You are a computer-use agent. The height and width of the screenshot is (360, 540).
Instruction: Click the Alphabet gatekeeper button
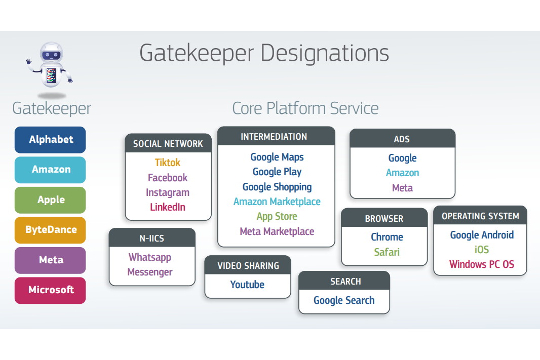coord(50,140)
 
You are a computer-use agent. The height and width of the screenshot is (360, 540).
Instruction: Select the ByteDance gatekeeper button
coord(50,230)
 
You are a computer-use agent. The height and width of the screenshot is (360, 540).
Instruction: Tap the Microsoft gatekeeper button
coord(50,290)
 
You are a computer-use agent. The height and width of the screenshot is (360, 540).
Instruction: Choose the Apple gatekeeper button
coord(50,200)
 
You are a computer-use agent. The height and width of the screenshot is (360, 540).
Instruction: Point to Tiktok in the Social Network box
coord(168,163)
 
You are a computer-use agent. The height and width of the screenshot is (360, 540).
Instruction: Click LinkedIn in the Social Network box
coord(168,207)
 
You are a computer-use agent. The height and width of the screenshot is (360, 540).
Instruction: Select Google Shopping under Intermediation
coord(277,187)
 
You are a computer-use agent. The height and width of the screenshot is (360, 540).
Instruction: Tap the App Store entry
coord(277,216)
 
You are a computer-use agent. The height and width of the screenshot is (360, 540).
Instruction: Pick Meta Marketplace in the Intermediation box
coord(277,231)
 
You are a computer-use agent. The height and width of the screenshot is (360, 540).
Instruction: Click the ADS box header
coord(402,139)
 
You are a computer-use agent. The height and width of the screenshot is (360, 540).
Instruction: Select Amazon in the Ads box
coord(402,173)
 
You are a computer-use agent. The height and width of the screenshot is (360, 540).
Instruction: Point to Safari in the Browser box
coord(387,252)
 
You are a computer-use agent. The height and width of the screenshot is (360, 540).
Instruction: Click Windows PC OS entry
coord(481,264)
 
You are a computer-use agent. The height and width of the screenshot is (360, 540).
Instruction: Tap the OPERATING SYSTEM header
coord(480,216)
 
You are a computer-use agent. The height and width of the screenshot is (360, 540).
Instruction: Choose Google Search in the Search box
coord(344,300)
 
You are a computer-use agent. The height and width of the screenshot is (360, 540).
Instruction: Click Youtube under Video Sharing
coord(247,285)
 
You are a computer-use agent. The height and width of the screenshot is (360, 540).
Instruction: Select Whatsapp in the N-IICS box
coord(150,257)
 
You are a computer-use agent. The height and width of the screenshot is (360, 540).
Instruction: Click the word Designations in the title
coord(325,53)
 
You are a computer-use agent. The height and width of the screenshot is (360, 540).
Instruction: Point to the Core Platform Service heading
coord(305,108)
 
